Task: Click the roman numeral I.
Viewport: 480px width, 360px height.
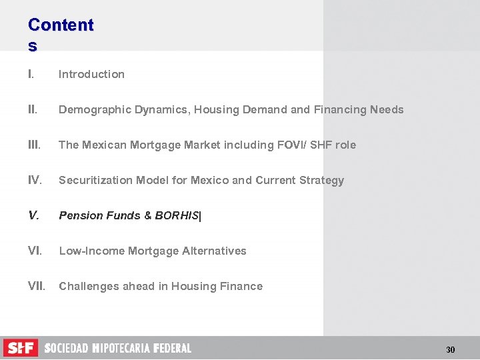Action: point(31,74)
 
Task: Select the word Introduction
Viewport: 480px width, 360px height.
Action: point(91,74)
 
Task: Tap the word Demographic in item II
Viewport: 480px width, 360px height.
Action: point(90,109)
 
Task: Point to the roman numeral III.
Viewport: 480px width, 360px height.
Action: point(35,145)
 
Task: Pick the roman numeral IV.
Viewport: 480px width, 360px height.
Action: point(35,180)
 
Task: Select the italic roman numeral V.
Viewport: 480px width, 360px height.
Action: point(33,215)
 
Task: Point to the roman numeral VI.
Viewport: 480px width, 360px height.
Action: point(35,251)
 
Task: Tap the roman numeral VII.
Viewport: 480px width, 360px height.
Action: point(37,286)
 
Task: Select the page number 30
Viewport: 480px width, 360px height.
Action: point(450,349)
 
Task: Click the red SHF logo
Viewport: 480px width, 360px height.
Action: point(21,347)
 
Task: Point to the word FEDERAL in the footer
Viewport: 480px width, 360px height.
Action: point(172,348)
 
